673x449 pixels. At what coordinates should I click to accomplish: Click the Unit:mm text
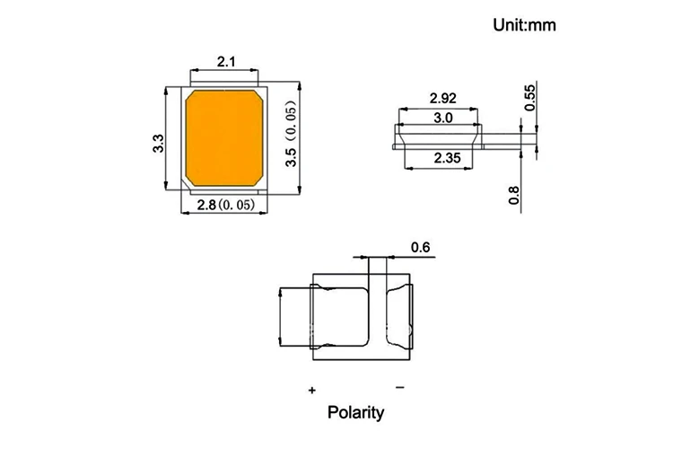click(x=525, y=24)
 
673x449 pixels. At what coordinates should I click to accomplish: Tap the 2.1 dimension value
click(x=226, y=62)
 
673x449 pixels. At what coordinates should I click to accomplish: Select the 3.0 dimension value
click(x=442, y=118)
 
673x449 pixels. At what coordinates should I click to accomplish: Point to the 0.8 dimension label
click(x=514, y=194)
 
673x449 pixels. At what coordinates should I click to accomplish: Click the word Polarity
click(x=355, y=413)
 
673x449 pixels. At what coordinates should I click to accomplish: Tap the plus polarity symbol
click(x=312, y=391)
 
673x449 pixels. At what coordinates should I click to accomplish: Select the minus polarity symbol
click(x=399, y=387)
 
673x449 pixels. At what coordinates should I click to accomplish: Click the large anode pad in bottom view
click(x=341, y=316)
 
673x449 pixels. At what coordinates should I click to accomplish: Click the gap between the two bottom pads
click(x=377, y=316)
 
